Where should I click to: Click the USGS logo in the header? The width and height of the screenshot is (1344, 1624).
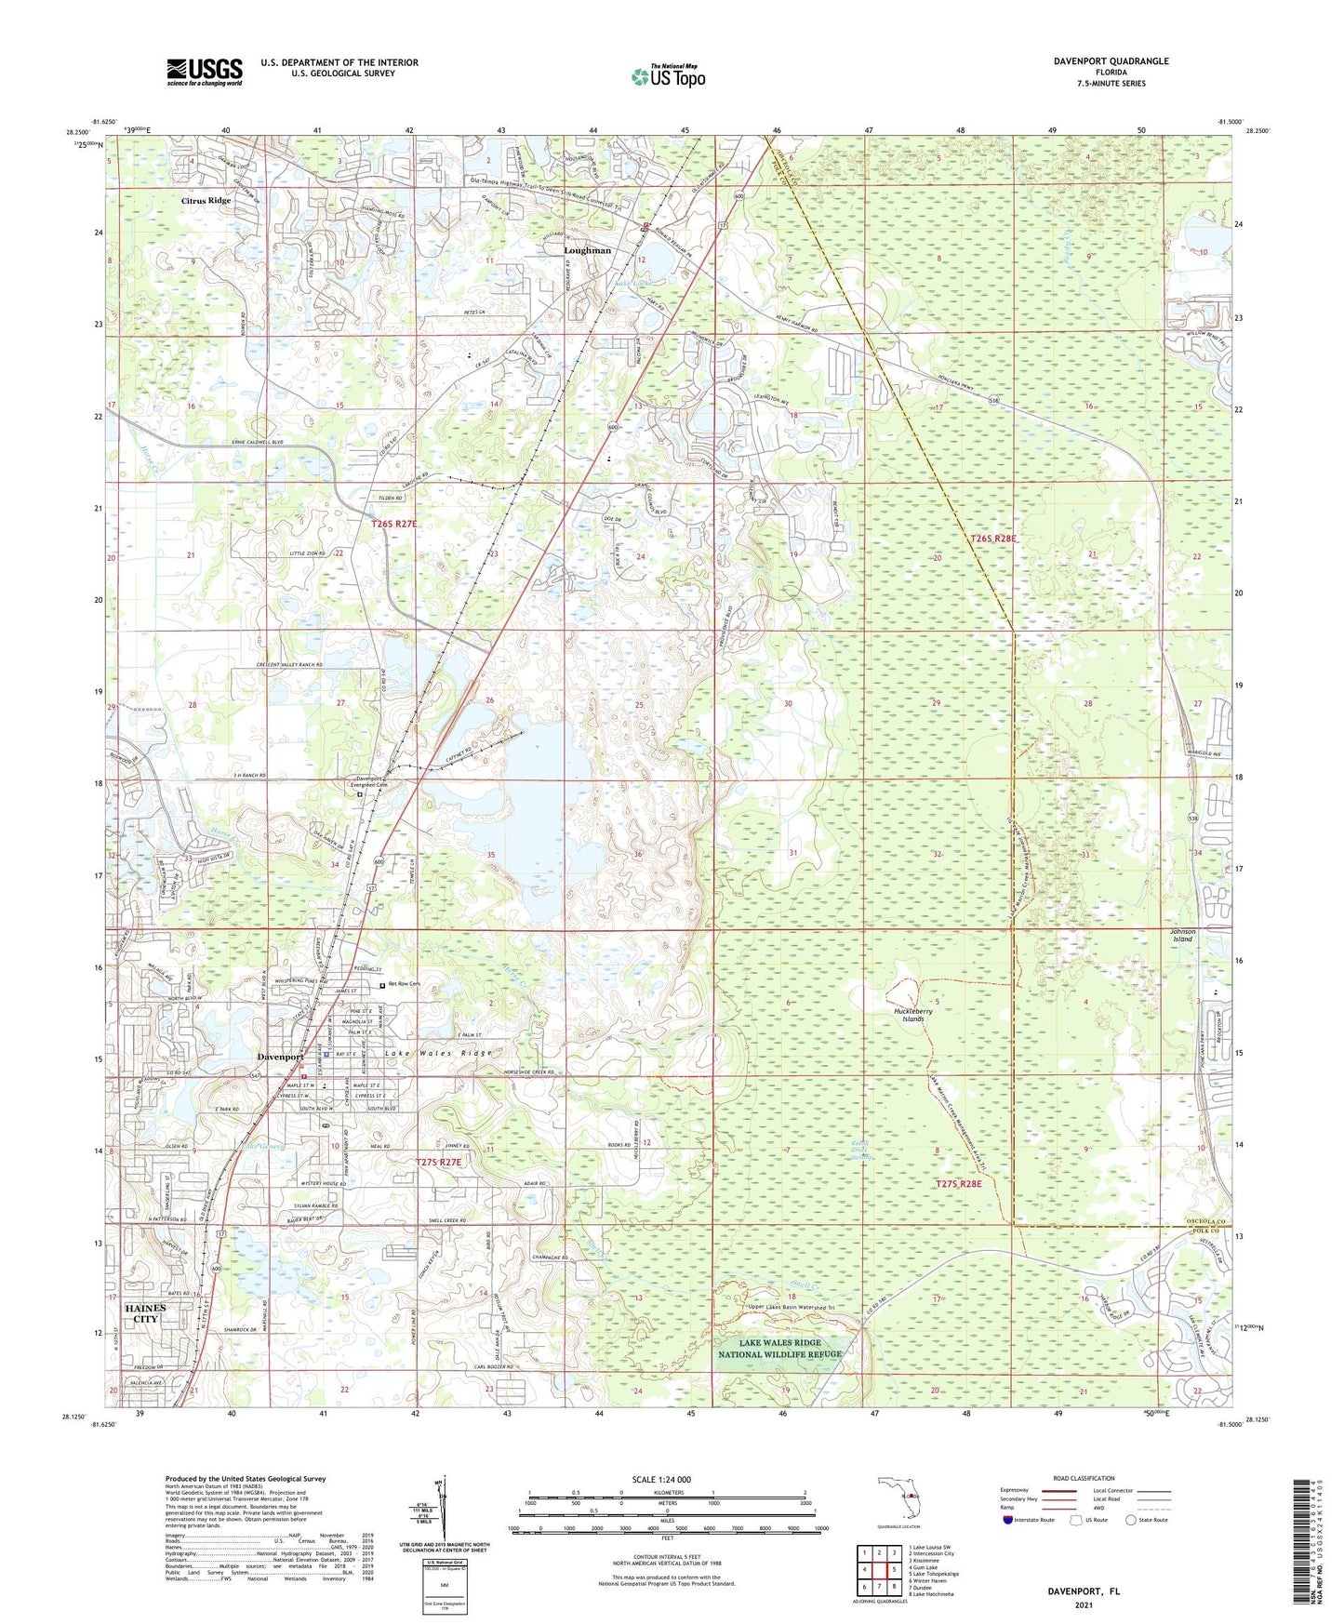(x=204, y=72)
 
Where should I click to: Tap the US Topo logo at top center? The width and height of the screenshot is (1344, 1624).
(x=667, y=75)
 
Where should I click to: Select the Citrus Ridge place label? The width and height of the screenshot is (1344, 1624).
(x=206, y=201)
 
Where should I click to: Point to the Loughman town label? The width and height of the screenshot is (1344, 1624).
(x=588, y=250)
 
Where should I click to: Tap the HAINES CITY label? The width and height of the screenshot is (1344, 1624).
(x=145, y=1313)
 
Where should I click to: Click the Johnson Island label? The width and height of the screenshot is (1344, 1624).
(x=1182, y=935)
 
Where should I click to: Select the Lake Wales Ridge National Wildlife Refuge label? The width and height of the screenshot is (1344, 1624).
(x=779, y=1349)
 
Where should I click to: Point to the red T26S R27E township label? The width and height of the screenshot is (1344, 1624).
(x=394, y=525)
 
